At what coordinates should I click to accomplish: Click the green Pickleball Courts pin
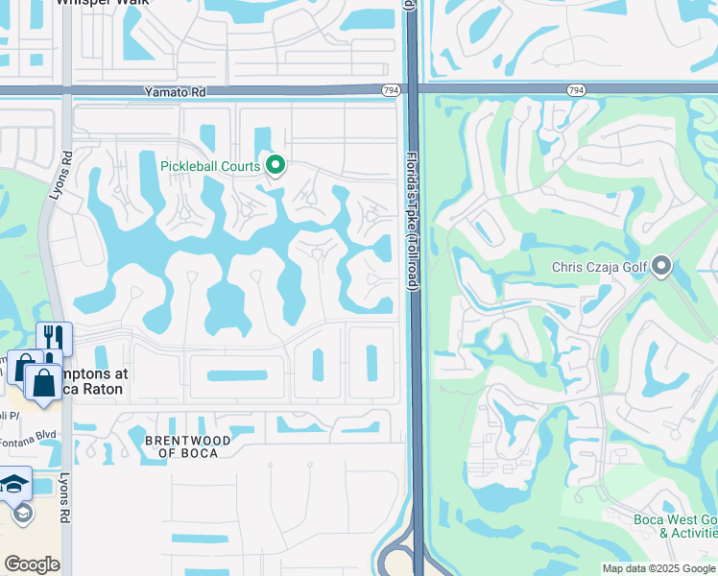(275, 167)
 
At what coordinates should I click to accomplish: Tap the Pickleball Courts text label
(210, 166)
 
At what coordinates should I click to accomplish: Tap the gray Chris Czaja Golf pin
(660, 267)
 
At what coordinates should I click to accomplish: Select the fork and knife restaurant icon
(54, 338)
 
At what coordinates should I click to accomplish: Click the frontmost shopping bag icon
(43, 381)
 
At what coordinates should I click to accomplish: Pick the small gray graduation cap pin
(21, 514)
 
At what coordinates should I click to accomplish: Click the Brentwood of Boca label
(187, 446)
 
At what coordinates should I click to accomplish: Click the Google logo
(32, 564)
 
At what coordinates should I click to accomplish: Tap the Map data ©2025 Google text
(658, 568)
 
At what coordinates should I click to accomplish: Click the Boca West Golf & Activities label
(675, 526)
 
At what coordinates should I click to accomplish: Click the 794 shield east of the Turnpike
(575, 90)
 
